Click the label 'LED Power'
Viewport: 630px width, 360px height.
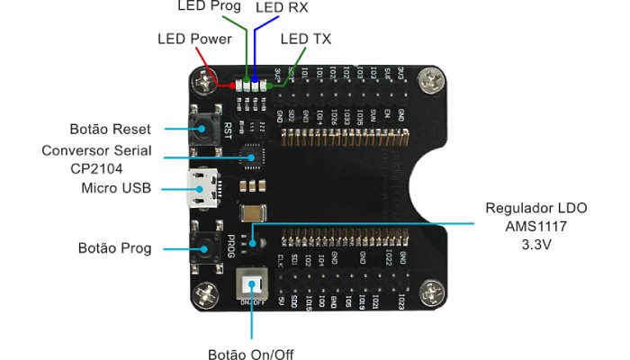(194, 39)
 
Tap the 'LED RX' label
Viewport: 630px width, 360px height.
(281, 7)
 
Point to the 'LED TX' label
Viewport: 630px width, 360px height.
(306, 39)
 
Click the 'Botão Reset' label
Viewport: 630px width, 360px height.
(110, 129)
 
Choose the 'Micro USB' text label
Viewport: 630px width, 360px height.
(116, 188)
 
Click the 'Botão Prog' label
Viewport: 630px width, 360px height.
(114, 247)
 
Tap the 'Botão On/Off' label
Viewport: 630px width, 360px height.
(250, 353)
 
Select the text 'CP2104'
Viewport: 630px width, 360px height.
(96, 167)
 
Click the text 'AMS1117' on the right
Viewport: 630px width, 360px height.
(535, 225)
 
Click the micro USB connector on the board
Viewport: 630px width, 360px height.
(201, 188)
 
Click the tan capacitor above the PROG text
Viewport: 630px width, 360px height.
(254, 213)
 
